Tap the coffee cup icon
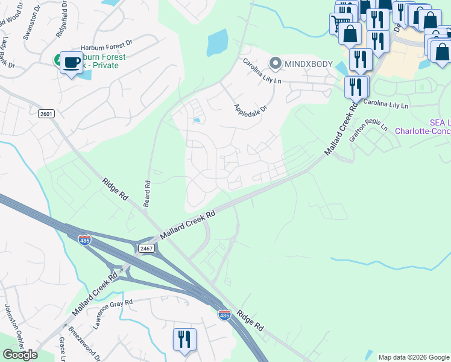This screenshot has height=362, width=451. (x=71, y=62)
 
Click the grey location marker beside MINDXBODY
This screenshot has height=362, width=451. (x=276, y=63)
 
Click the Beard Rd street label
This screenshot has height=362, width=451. (x=147, y=193)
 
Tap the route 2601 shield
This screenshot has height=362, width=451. (x=46, y=113)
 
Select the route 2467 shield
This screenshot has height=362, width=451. (x=147, y=248)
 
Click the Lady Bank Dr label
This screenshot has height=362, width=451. (x=7, y=51)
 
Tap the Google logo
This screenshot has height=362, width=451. (x=20, y=354)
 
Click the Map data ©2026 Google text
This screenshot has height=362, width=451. (x=413, y=357)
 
